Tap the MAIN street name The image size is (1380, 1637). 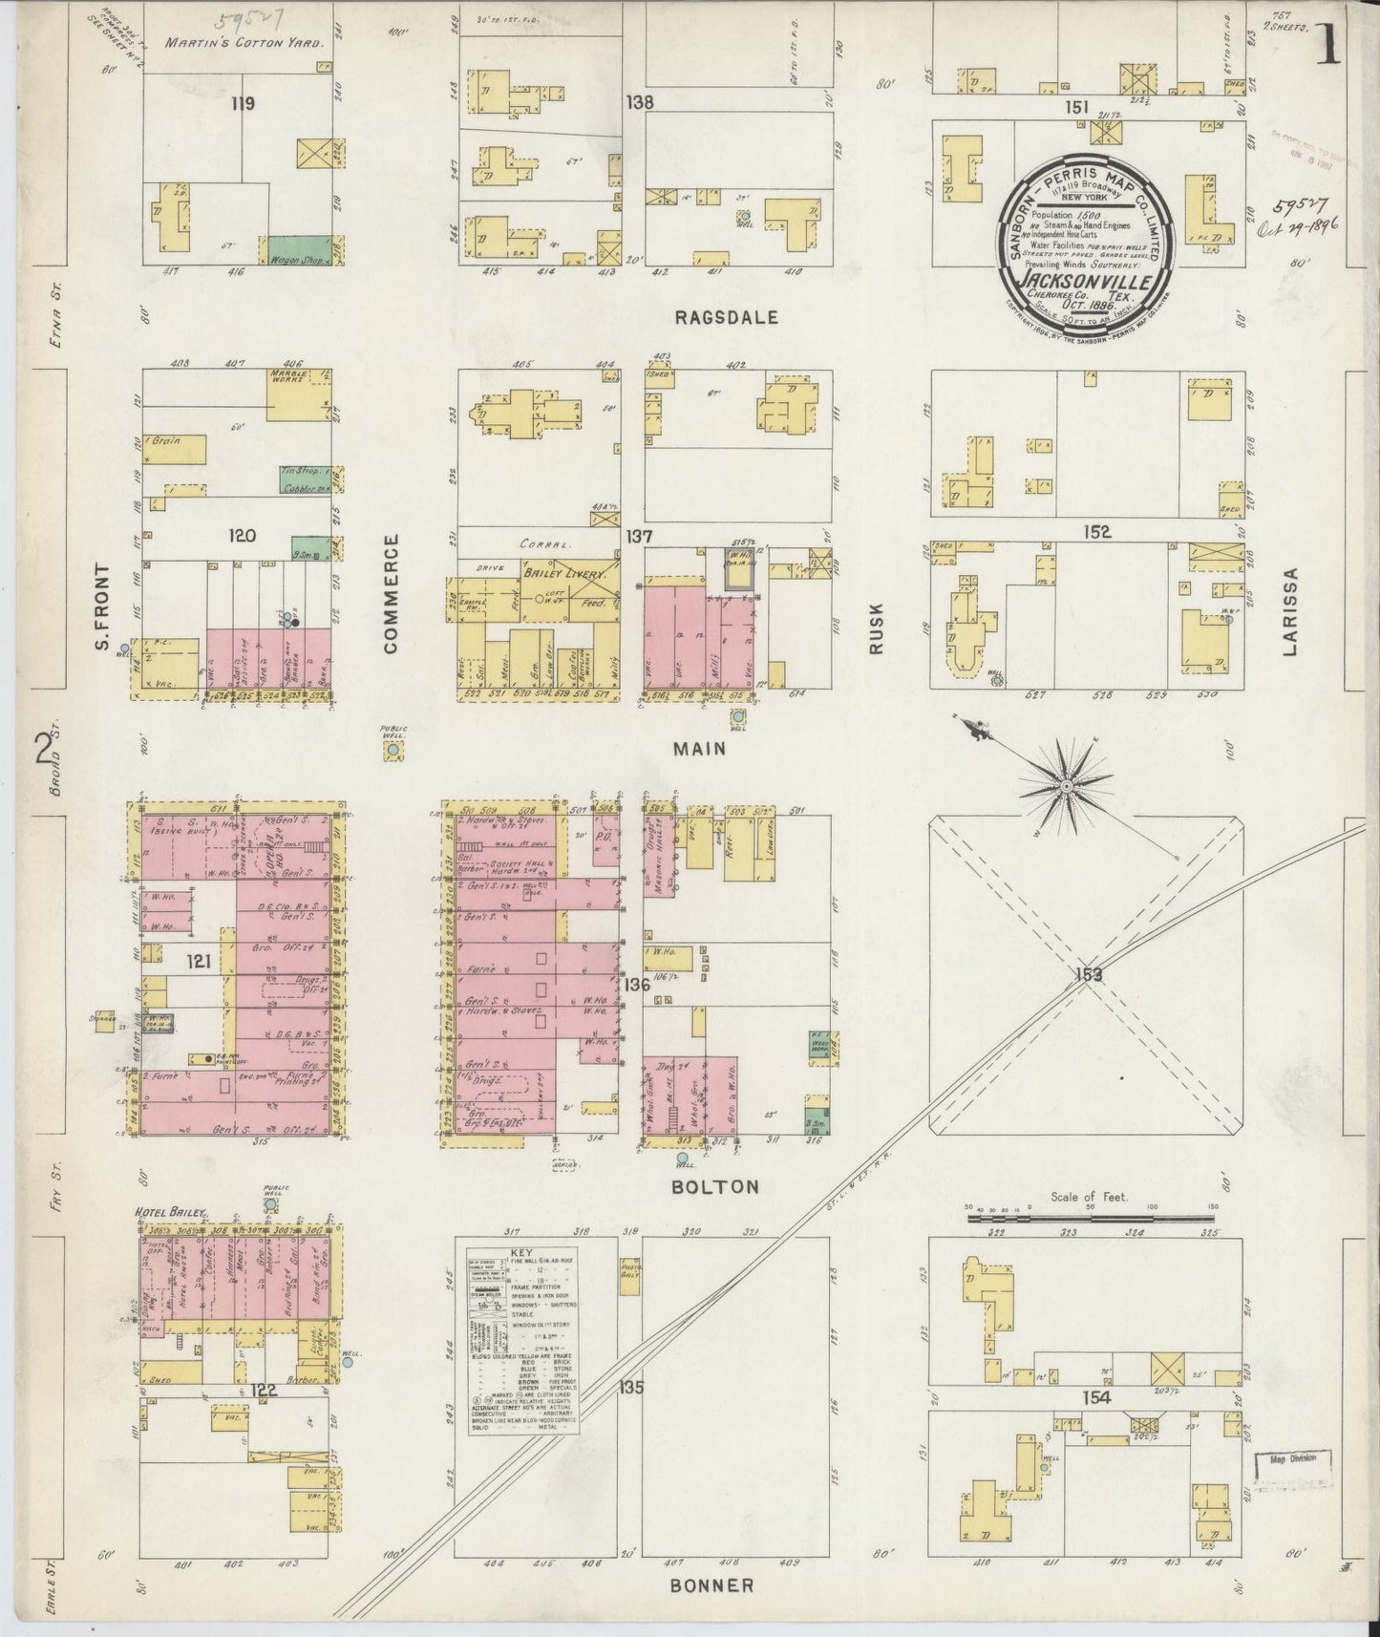tap(699, 750)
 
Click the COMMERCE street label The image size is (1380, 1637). tap(390, 593)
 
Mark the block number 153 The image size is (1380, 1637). tap(1088, 974)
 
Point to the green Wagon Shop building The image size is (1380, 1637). tap(298, 250)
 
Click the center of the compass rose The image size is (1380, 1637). tap(1065, 786)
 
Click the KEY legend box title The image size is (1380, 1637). tap(521, 1251)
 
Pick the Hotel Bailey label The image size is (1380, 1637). tap(170, 1212)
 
